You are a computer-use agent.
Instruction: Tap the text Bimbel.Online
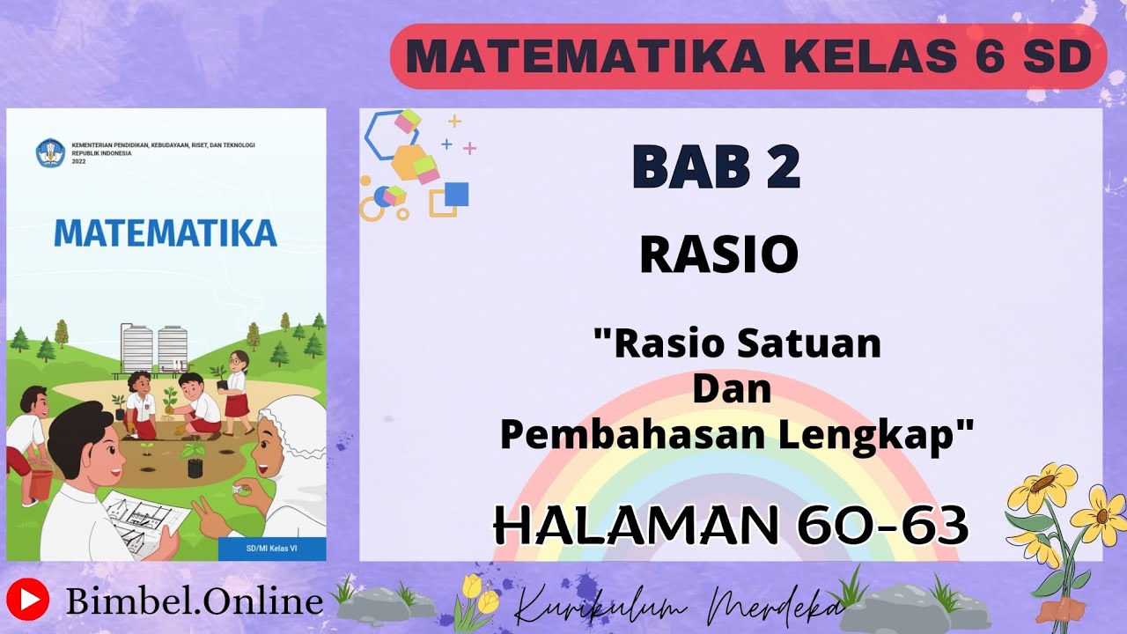(195, 601)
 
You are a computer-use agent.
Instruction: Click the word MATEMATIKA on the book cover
(166, 233)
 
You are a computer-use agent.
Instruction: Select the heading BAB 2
(716, 167)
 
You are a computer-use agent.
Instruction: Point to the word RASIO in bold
(718, 255)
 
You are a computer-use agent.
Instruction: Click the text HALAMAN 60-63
(731, 527)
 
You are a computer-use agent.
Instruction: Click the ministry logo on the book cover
(50, 152)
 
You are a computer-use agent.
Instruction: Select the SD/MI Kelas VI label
(270, 550)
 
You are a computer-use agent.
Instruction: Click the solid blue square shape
(456, 194)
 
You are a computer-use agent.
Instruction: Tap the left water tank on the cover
(138, 349)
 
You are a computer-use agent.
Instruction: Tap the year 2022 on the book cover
(79, 161)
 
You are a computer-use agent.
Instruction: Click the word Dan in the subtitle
(732, 389)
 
